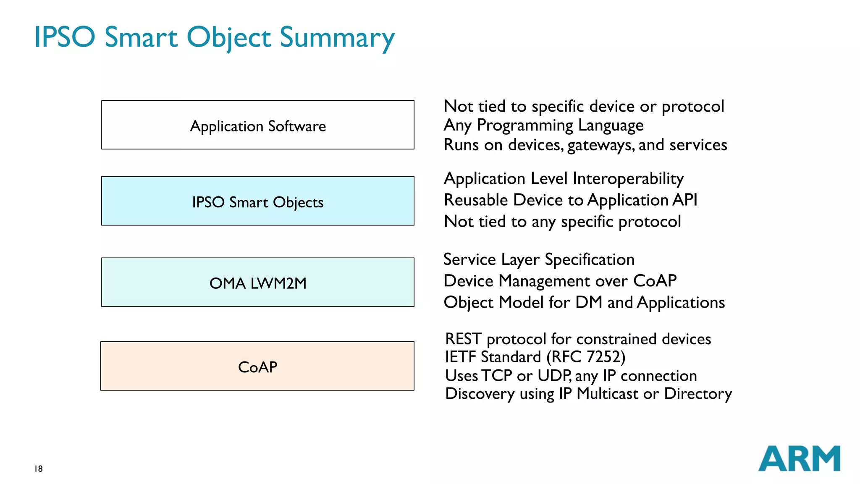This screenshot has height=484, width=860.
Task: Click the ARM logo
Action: pos(799,458)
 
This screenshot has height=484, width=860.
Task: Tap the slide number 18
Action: pos(39,469)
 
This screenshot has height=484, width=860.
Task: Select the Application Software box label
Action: pos(258,126)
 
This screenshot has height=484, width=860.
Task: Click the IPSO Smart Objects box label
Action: pos(258,202)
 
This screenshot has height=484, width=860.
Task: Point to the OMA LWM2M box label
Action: pos(258,283)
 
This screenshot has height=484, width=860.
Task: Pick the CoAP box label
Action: pos(257,367)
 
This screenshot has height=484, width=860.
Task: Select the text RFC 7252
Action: pos(586,357)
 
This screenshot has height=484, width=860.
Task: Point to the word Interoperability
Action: pos(628,179)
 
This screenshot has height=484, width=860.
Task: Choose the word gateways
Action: pos(601,145)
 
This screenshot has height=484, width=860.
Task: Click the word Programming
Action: pos(525,126)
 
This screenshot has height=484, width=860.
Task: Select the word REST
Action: pos(463,339)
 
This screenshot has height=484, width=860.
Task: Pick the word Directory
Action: pos(698,394)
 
